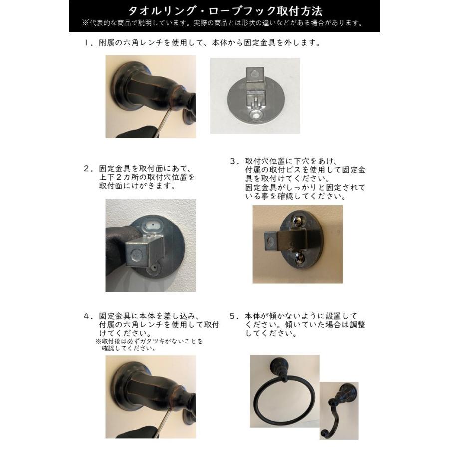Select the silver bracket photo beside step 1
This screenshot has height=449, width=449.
coord(254,95)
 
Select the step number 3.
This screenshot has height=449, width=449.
coord(233,161)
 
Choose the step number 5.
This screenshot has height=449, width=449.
coord(233,316)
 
